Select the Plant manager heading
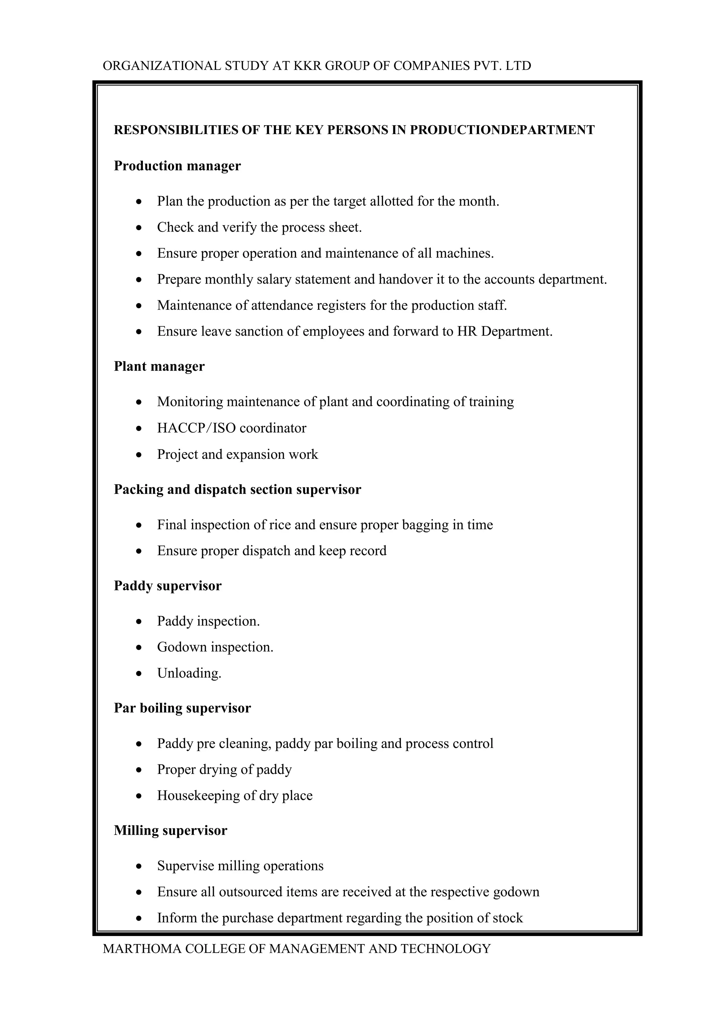pyautogui.click(x=159, y=366)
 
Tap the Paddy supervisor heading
pyautogui.click(x=167, y=586)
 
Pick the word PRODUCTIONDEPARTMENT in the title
pyautogui.click(x=502, y=130)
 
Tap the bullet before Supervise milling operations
pyautogui.click(x=139, y=866)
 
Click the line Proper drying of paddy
pyautogui.click(x=224, y=769)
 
